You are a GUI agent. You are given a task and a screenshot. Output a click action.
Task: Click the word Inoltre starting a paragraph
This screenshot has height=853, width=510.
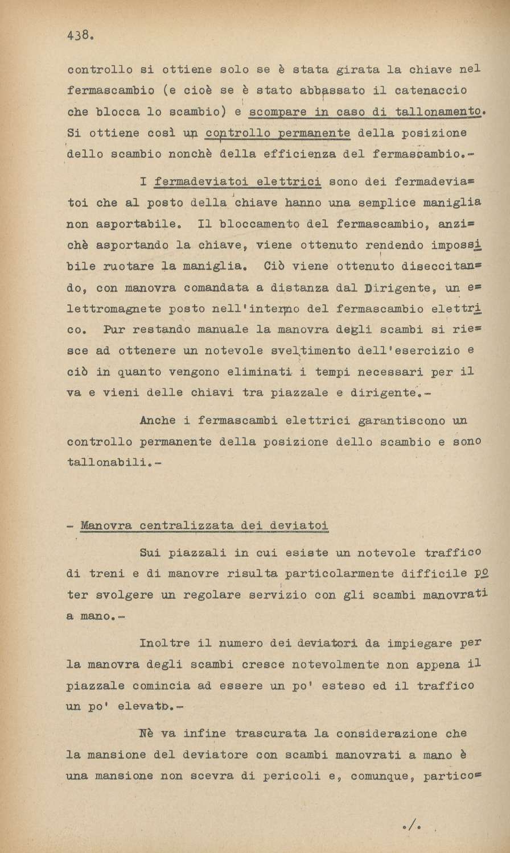(x=164, y=644)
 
